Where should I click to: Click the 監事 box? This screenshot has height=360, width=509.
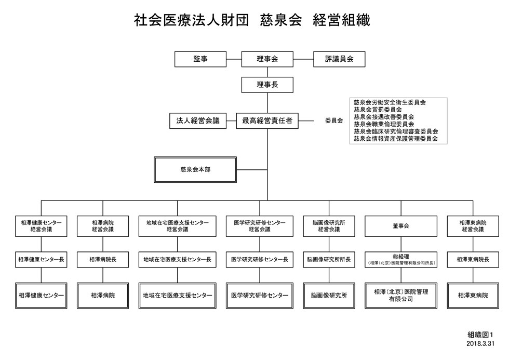coord(200,59)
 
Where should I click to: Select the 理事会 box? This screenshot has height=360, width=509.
coord(267,59)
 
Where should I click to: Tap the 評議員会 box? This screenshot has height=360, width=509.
coord(339,59)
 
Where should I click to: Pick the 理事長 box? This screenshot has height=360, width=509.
coord(267,85)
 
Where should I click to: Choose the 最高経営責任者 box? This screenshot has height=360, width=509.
coord(267,121)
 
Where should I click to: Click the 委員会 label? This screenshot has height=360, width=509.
coord(334,121)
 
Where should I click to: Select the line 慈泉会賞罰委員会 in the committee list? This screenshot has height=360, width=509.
coord(378,110)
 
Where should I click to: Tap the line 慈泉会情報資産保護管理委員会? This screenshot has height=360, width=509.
coord(395,139)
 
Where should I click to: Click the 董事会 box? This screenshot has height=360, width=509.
coord(401,226)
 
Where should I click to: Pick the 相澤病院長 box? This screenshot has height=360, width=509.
coord(103,259)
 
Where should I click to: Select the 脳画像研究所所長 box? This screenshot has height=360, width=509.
coord(329,259)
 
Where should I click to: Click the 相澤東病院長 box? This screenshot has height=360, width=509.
coord(473,259)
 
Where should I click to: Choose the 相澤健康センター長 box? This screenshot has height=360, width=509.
coord(41,259)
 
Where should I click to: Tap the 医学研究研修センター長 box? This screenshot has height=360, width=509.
coord(259,259)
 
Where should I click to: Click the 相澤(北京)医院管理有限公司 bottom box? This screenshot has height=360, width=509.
coord(401,295)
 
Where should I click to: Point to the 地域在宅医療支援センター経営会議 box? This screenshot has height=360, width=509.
coord(177,226)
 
